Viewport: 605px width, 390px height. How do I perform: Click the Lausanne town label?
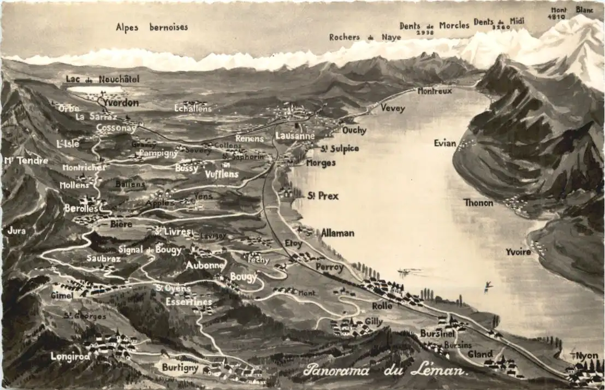(295, 135)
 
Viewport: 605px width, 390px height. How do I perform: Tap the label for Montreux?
(435, 91)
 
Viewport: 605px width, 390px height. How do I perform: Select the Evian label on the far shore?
(444, 143)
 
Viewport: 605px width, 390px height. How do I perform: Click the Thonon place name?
(478, 203)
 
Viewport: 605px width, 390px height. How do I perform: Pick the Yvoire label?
(518, 252)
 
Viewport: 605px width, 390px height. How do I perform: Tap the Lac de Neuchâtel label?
(103, 79)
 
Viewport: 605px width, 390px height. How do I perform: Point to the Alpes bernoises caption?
(152, 27)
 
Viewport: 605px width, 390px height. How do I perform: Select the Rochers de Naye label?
(365, 37)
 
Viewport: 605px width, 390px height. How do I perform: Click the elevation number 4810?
(557, 17)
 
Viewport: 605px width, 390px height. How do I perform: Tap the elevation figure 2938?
(425, 33)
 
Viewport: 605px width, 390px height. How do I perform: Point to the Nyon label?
(587, 356)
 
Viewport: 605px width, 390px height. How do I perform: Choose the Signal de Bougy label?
(150, 250)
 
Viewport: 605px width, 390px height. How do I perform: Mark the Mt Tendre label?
(26, 161)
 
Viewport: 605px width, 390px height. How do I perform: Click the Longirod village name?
(70, 356)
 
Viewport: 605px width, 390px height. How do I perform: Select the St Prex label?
(323, 196)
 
